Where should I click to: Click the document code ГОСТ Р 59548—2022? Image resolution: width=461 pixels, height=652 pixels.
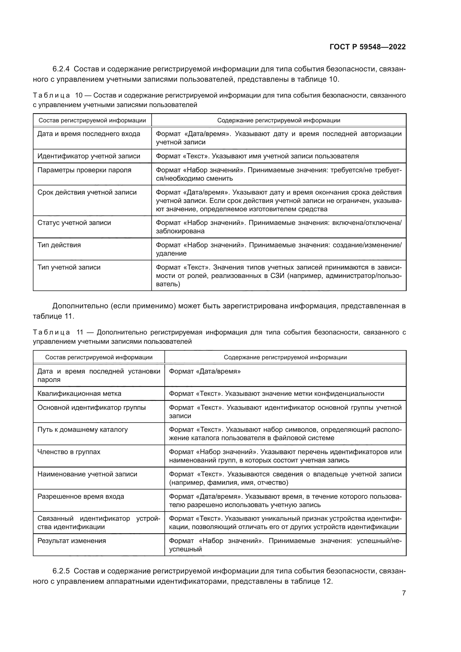(367, 47)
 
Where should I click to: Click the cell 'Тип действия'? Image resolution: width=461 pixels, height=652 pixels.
(59, 245)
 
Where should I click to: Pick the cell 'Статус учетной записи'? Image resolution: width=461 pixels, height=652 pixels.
(74, 223)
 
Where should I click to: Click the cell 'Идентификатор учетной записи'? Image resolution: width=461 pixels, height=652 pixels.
(89, 156)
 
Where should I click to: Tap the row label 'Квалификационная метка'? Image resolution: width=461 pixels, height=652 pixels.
(79, 394)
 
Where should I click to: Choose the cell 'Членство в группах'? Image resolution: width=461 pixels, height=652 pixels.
(69, 452)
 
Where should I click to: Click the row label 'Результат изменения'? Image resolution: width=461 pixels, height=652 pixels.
(72, 541)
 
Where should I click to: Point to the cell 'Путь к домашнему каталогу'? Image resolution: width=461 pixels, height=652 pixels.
(83, 429)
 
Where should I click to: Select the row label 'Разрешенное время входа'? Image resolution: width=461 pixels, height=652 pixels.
(81, 496)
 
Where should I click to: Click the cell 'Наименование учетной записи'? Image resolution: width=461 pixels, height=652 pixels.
(87, 474)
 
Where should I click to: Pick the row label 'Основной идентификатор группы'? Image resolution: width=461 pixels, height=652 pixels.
(91, 408)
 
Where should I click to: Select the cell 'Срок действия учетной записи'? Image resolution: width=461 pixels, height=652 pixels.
(87, 192)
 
